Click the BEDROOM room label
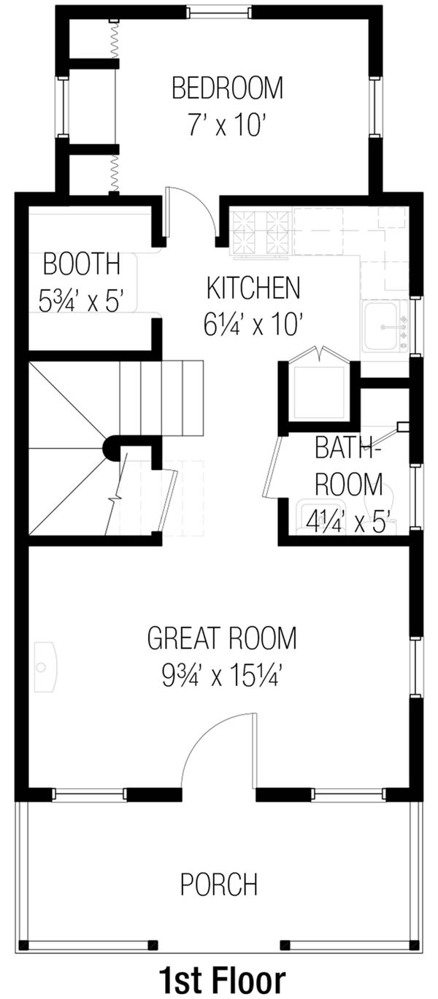227,89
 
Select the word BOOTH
81,263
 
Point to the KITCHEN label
253,288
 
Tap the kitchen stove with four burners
261,234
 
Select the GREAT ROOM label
222,638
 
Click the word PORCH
219,884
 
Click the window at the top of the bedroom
220,12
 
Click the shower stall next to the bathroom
318,391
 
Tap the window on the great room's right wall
416,667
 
